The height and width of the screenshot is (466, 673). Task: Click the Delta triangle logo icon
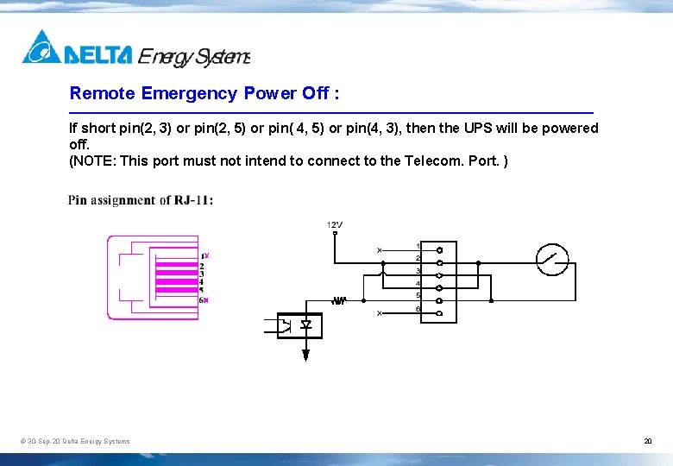coord(41,47)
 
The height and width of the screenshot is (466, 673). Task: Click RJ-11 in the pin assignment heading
coord(191,200)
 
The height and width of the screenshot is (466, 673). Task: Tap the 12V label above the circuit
coord(335,225)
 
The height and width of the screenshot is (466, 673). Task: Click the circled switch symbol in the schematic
coord(552,258)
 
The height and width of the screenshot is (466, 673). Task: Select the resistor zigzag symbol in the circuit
coord(339,300)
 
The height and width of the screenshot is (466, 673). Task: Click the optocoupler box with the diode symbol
coord(299,325)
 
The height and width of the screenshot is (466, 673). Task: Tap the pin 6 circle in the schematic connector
coord(439,312)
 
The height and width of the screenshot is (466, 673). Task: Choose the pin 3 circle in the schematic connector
coord(439,275)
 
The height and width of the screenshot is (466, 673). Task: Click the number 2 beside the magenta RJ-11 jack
coord(202,266)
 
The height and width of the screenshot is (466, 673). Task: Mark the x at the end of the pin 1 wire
coord(379,250)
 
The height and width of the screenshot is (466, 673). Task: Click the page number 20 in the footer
coord(647,442)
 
